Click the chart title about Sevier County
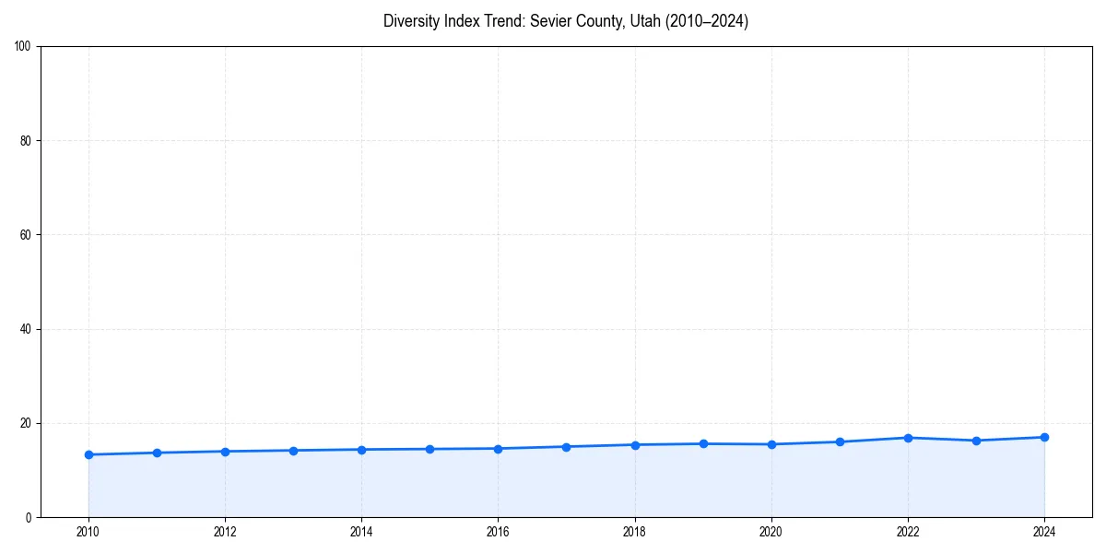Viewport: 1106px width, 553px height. click(x=566, y=21)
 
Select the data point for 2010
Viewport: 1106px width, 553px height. click(x=88, y=454)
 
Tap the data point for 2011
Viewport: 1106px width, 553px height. click(x=157, y=453)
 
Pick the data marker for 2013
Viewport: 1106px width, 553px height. click(x=293, y=451)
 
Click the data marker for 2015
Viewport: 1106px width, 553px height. click(x=429, y=449)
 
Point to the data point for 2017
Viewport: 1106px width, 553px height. click(x=566, y=447)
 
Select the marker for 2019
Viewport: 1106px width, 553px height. click(x=703, y=443)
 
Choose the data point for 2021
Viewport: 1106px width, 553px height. click(x=840, y=441)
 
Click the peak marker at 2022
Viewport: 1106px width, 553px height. click(x=908, y=438)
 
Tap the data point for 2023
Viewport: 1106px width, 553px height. click(x=976, y=441)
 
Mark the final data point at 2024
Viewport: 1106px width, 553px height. click(x=1044, y=437)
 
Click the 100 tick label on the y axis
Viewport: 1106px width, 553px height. click(x=24, y=46)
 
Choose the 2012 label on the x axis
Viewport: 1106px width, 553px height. click(x=225, y=532)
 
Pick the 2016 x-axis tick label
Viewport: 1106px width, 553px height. click(x=498, y=532)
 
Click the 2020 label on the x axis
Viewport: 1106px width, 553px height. click(x=771, y=532)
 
